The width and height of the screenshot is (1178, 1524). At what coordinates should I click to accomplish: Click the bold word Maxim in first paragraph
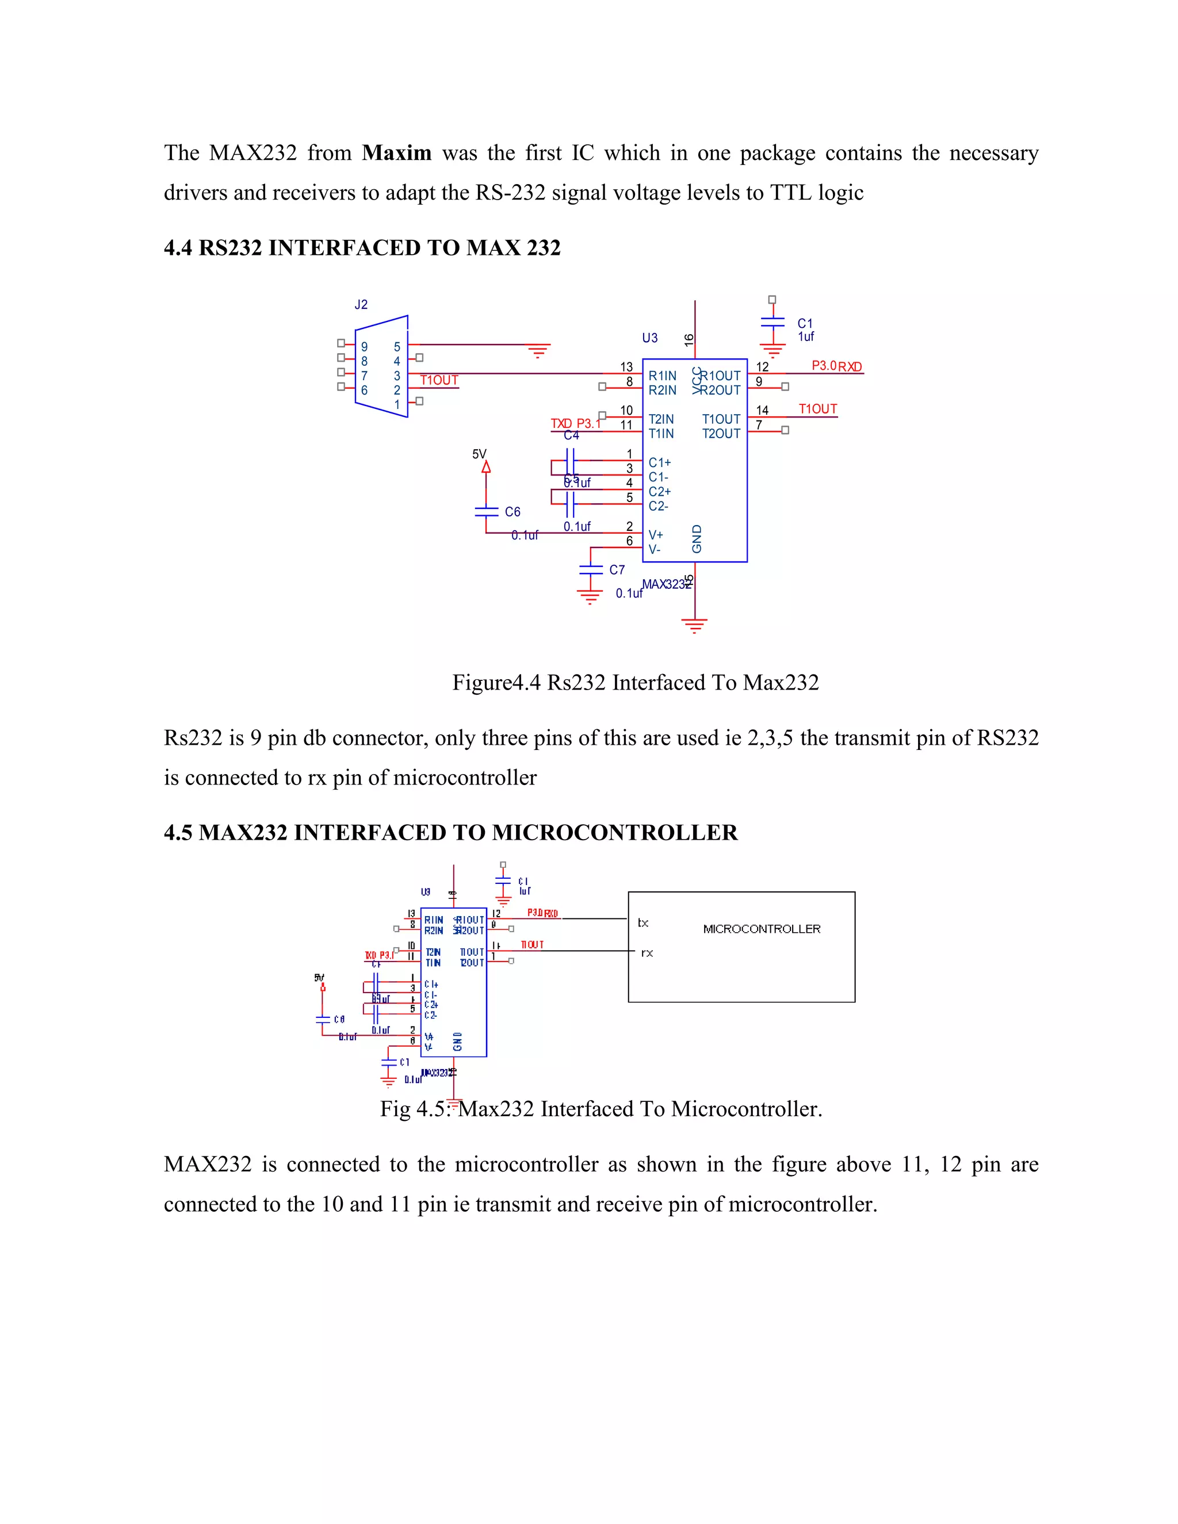click(396, 153)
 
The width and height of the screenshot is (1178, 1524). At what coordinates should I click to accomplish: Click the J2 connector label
click(361, 304)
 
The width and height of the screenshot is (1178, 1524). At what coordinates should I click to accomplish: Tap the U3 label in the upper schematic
click(650, 338)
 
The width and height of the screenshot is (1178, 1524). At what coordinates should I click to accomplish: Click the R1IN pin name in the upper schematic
click(661, 376)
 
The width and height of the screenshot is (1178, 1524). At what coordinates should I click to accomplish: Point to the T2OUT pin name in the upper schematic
click(721, 434)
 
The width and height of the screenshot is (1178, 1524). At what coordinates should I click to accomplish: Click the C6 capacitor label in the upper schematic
click(512, 511)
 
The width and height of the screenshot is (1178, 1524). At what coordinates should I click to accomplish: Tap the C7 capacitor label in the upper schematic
click(617, 569)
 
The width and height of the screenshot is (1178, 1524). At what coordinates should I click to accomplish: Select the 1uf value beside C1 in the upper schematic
click(806, 336)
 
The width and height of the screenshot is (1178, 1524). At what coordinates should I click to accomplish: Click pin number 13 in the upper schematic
click(626, 366)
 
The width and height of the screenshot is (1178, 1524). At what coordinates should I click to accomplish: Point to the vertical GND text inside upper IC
click(697, 539)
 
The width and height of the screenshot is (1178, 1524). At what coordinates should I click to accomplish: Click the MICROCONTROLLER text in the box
click(762, 929)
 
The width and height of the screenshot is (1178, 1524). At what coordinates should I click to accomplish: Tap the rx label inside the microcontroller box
click(647, 952)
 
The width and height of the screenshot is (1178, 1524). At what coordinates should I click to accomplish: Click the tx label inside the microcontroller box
click(642, 922)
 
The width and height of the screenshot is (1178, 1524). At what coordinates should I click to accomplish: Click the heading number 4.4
click(178, 248)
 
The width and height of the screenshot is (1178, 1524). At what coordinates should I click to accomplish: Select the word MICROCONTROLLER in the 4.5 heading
click(614, 833)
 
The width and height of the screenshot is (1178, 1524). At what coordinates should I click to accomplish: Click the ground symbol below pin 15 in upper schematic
click(694, 625)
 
